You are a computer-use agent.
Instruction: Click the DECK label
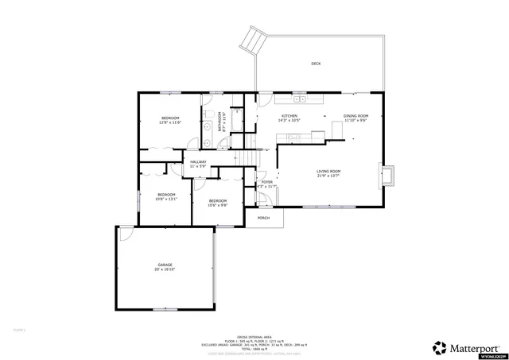point(316,64)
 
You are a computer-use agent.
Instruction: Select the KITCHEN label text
point(289,117)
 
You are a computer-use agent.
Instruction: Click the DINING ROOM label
point(356,117)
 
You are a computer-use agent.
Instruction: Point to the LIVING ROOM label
point(328,172)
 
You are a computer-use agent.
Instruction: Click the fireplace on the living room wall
point(387,176)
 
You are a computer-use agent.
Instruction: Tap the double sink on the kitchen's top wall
point(300,100)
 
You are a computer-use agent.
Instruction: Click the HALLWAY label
point(198,162)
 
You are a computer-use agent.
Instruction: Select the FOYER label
point(267,182)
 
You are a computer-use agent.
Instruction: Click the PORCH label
point(263,217)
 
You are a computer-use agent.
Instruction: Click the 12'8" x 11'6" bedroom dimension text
point(170,123)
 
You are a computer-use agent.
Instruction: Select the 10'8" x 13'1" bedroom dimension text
point(165,199)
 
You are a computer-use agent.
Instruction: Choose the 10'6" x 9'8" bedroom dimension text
point(218,205)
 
